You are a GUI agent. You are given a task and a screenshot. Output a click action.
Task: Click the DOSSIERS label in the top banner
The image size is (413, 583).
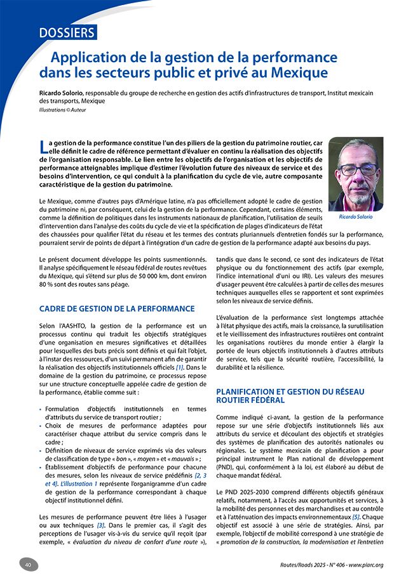pyautogui.click(x=66, y=32)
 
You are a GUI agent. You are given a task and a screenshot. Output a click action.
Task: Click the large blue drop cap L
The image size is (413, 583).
pyautogui.click(x=43, y=147)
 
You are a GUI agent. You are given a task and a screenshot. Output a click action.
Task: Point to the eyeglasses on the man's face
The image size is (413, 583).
pyautogui.click(x=357, y=169)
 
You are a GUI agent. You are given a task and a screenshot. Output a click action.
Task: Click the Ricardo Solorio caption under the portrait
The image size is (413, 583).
pyautogui.click(x=356, y=217)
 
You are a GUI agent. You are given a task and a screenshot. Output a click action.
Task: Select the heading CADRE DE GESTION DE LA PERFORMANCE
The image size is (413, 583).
pyautogui.click(x=117, y=309)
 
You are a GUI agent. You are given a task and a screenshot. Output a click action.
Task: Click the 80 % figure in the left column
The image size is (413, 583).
pyautogui.click(x=48, y=285)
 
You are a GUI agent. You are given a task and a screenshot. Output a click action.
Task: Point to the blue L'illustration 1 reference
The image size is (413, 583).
pyautogui.click(x=79, y=483)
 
